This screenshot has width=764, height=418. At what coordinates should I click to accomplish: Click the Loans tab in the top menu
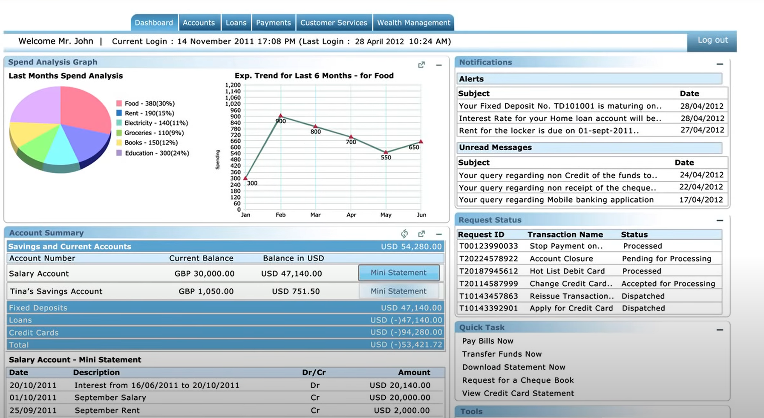coord(236,23)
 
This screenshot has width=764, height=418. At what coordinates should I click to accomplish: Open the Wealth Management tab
coord(413,23)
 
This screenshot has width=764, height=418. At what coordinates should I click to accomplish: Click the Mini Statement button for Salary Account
coord(398,273)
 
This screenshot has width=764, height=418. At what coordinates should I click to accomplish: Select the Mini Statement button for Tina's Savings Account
coord(398,291)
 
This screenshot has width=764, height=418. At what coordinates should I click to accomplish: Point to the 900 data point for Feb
coord(280,116)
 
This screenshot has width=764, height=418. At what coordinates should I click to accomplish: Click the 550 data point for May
coord(386,152)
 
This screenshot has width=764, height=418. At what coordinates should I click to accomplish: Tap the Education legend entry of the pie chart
coord(156,153)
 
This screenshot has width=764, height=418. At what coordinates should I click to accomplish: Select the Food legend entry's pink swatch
coord(119,103)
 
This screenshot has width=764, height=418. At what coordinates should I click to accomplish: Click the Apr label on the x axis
coord(351,215)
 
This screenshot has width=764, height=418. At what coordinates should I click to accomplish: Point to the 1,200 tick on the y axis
coord(233,85)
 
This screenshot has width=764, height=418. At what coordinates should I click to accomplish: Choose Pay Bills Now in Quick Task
coord(487,341)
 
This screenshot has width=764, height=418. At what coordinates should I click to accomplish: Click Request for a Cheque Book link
coord(518,380)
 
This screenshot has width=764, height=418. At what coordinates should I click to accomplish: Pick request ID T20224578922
coord(488,258)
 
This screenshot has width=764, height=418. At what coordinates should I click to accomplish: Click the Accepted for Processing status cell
coord(668,284)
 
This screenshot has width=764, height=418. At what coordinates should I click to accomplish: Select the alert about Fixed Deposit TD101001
coord(560,106)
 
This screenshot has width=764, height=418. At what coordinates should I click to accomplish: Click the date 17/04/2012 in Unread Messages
coord(701,200)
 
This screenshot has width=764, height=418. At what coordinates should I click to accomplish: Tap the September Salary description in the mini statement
coord(110,398)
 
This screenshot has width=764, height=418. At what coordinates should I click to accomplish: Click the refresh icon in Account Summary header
coord(404,233)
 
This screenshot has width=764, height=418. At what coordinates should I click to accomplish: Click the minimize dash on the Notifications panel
coord(720,64)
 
